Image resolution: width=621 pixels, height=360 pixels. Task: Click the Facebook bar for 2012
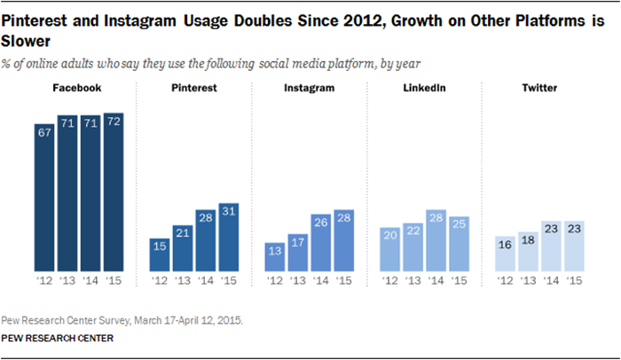click(44, 198)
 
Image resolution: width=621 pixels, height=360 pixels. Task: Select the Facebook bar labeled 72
click(114, 192)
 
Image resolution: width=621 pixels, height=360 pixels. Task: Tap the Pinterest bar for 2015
click(229, 238)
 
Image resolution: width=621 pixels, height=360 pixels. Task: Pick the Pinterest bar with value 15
click(160, 255)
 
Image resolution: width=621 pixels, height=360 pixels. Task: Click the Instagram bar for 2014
click(321, 243)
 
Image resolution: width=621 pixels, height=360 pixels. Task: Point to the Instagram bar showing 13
click(275, 257)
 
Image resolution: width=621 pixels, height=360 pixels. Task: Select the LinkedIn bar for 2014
click(436, 240)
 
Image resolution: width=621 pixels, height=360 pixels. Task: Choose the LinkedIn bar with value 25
click(460, 244)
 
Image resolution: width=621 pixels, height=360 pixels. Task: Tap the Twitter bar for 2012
click(505, 254)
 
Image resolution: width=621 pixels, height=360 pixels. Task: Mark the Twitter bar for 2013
click(528, 252)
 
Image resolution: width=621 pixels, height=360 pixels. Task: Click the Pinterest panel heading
click(194, 88)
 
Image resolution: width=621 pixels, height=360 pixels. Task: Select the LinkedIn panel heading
click(424, 88)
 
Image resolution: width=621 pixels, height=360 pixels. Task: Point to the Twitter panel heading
click(539, 88)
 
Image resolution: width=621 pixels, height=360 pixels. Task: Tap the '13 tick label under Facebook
click(67, 281)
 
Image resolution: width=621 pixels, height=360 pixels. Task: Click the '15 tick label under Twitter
click(574, 281)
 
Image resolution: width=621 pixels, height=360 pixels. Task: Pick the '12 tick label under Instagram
click(275, 281)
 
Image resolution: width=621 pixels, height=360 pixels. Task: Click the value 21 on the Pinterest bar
click(183, 233)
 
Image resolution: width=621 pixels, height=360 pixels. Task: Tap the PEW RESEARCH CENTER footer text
click(58, 338)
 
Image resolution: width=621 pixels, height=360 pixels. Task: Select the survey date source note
click(122, 320)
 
